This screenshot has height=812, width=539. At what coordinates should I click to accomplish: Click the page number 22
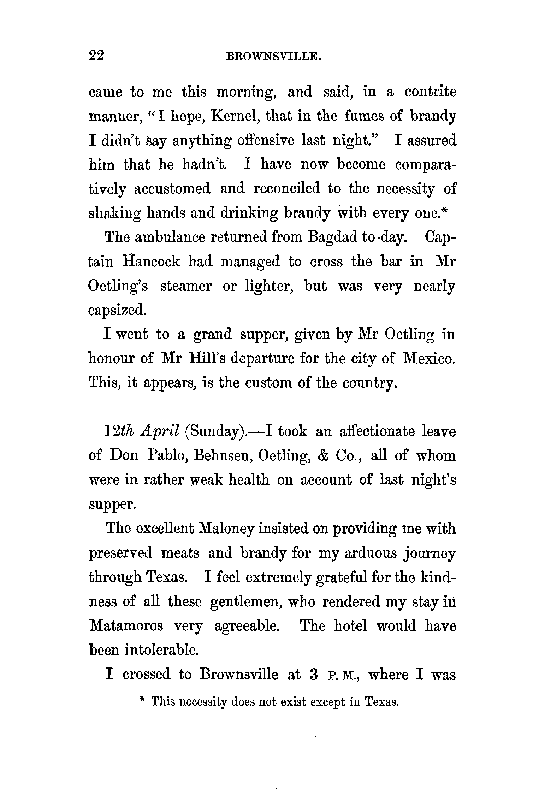(x=96, y=56)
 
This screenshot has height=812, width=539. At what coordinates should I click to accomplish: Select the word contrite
(x=430, y=92)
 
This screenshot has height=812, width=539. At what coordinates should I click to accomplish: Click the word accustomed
(x=172, y=188)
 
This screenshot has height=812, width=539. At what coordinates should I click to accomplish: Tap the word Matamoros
(x=126, y=626)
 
